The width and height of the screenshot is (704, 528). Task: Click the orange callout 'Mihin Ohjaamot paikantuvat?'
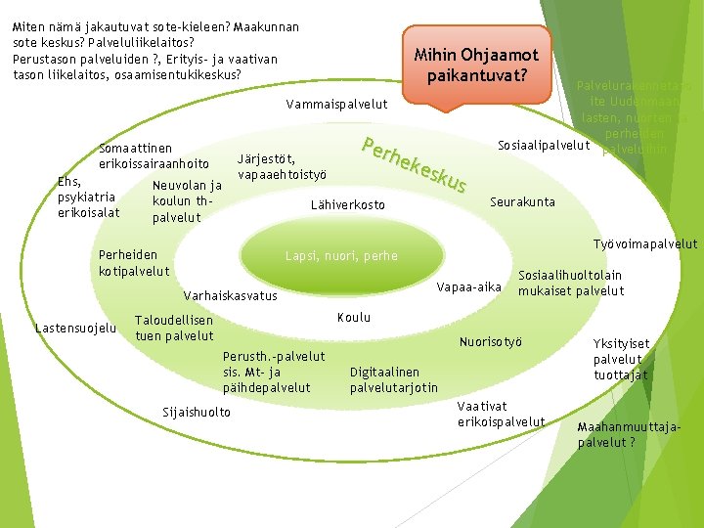[478, 65]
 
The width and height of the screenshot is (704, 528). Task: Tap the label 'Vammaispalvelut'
[336, 105]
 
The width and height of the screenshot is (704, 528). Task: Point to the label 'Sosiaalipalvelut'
[544, 146]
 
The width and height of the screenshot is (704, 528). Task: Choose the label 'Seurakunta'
[522, 202]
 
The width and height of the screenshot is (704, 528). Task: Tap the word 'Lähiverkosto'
[347, 205]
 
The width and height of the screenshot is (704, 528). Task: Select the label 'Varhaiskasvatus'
[230, 295]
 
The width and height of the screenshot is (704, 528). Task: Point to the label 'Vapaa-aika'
[469, 287]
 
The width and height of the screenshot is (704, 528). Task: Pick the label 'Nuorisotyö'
[491, 341]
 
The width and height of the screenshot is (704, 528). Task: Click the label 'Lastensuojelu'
[75, 328]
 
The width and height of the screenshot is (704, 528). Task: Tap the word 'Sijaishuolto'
[196, 412]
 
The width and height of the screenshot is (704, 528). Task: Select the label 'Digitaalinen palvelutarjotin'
[394, 379]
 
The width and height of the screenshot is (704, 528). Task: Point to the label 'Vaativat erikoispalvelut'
[501, 414]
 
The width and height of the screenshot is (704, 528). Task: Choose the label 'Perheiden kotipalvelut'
[134, 262]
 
